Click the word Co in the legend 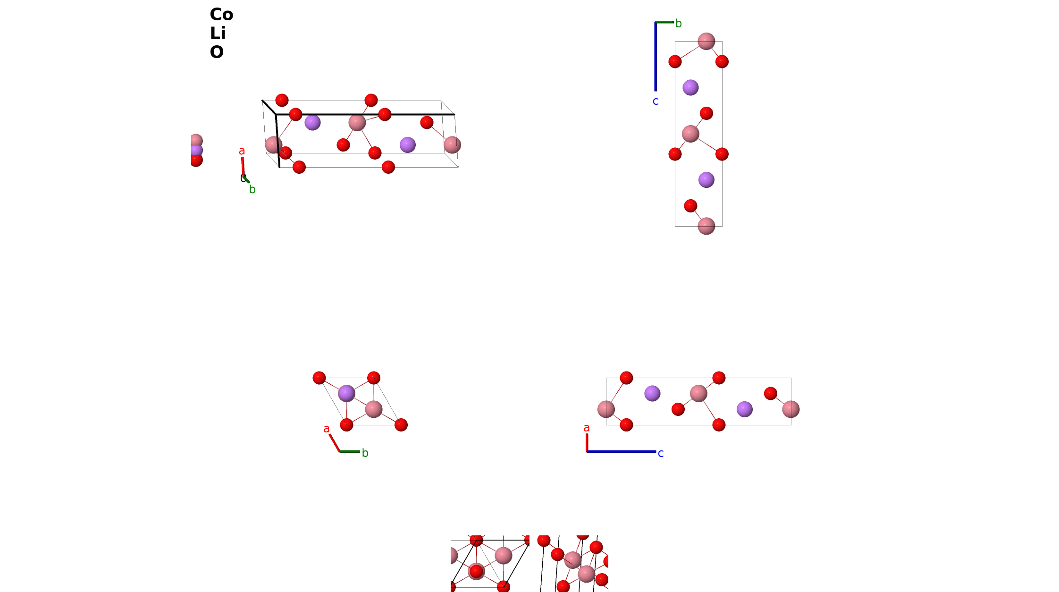[221, 15]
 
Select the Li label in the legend [218, 34]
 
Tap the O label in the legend [217, 52]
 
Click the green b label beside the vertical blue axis [678, 24]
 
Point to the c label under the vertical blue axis [656, 101]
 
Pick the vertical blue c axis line [656, 57]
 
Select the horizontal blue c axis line [621, 452]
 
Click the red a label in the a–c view [587, 428]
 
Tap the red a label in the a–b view [327, 429]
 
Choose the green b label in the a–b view [365, 453]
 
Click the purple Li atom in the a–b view [346, 393]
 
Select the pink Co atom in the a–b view [373, 409]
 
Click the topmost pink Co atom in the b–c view [706, 41]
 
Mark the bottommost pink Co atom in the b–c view [706, 226]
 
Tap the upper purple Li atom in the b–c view [690, 87]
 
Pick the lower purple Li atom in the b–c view [706, 180]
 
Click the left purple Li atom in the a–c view [652, 393]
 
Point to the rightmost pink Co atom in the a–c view [791, 409]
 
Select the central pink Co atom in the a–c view [698, 393]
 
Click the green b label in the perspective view [252, 190]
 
